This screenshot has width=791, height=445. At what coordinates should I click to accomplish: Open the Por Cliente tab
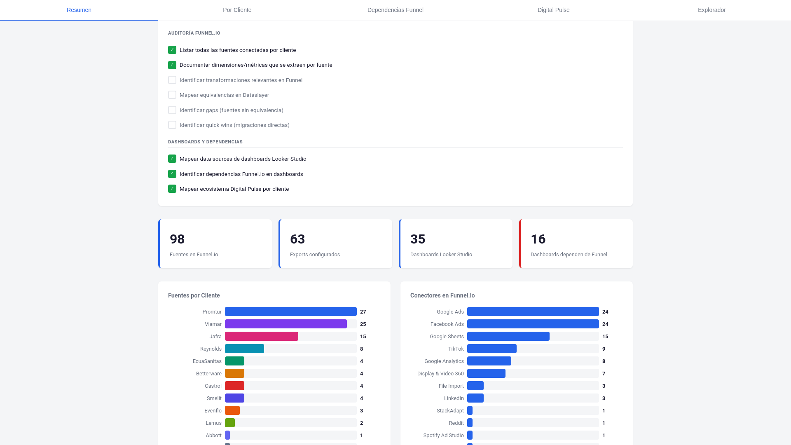coord(237,10)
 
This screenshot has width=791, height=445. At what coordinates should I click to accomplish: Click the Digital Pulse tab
coord(553,10)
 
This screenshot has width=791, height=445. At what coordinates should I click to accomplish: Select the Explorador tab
coord(711,10)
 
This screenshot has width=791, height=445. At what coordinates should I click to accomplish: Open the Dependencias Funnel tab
coord(395,10)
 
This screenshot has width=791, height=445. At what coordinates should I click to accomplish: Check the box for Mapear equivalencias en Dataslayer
coord(172,95)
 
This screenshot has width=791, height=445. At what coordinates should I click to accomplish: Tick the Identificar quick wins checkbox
coord(172,125)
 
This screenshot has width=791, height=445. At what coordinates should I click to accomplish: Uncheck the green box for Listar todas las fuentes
coord(172,50)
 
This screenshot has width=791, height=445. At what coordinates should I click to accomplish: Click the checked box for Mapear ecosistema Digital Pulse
coord(172,189)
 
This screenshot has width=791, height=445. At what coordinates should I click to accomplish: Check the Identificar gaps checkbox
coord(172,110)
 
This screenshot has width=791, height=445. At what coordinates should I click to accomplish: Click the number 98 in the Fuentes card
coord(177,239)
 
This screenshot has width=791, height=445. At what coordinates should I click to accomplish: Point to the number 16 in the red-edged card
coord(538,239)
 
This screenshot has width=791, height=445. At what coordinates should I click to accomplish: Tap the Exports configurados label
coord(315,254)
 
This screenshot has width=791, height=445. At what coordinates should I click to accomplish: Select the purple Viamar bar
coord(286,324)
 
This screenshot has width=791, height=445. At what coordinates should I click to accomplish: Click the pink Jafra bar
coord(261,336)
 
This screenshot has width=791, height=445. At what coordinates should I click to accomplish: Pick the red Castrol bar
coord(234,386)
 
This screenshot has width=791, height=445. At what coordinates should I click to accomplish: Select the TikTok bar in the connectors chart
coord(491,349)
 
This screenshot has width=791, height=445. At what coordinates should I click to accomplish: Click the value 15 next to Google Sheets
coord(605,336)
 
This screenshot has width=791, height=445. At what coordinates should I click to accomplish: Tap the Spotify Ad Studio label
coord(443,435)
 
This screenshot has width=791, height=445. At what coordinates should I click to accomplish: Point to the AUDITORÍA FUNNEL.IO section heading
coord(194,33)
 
